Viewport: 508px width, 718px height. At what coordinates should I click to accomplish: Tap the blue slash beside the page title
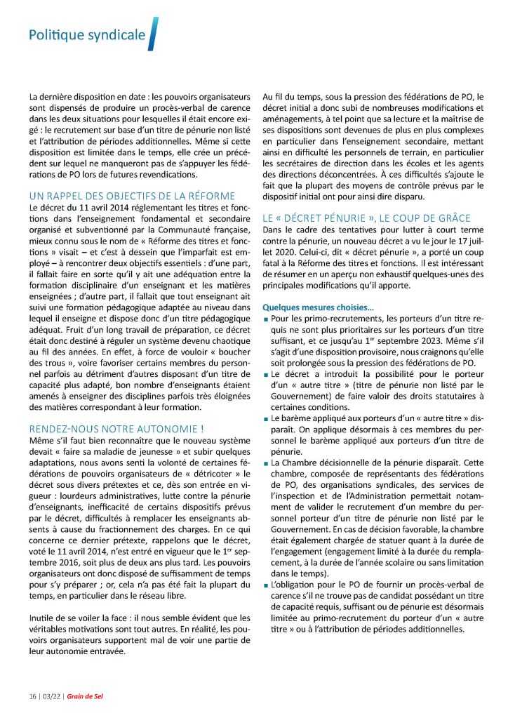(153, 33)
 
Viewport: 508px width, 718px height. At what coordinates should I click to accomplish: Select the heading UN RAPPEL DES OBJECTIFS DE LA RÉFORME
(132, 195)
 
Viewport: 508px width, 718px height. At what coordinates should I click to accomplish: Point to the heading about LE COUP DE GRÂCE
(366, 218)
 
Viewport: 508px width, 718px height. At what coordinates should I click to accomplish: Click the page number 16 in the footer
(33, 696)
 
